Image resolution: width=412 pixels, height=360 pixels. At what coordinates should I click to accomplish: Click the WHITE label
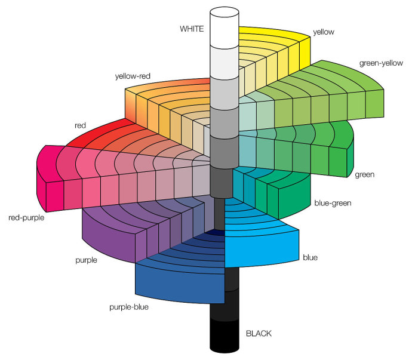click(x=192, y=29)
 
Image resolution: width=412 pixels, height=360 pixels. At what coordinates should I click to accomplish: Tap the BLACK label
click(x=258, y=333)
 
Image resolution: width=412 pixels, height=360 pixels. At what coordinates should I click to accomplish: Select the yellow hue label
click(x=324, y=32)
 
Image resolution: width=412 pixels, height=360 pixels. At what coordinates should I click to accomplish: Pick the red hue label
click(x=81, y=125)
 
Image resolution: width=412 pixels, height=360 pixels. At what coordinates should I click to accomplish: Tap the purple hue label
click(x=87, y=260)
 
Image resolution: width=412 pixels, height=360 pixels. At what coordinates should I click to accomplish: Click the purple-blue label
click(x=128, y=307)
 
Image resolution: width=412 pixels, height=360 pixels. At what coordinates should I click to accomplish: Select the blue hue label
click(x=310, y=258)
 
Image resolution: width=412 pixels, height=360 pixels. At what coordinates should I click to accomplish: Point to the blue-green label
click(x=333, y=203)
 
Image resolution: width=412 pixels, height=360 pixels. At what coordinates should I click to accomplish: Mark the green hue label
click(x=364, y=175)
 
